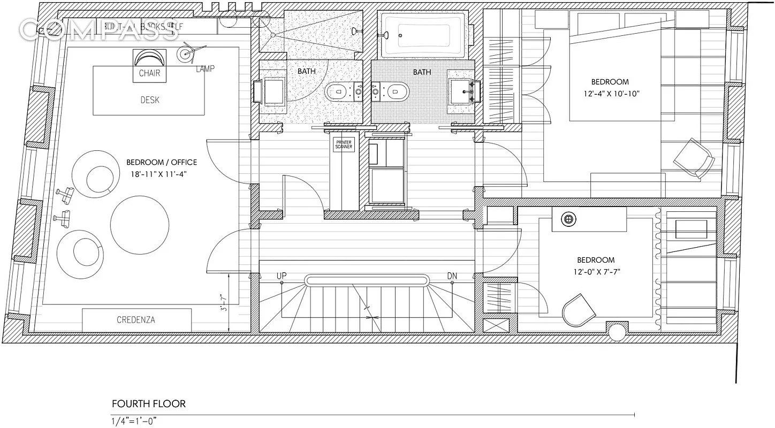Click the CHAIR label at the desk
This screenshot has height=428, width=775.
click(149, 73)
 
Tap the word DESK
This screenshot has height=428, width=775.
click(149, 100)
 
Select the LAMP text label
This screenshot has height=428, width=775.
click(205, 69)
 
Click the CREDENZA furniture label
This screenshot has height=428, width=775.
click(136, 320)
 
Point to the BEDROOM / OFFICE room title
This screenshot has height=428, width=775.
click(162, 162)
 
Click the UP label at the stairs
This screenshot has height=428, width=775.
click(282, 276)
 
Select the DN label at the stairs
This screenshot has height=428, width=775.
click(452, 276)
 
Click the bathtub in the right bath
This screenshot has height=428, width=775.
click(423, 35)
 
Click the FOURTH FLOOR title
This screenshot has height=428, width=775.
click(148, 403)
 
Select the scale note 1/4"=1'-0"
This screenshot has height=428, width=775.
click(134, 421)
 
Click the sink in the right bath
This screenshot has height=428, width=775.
click(460, 88)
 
